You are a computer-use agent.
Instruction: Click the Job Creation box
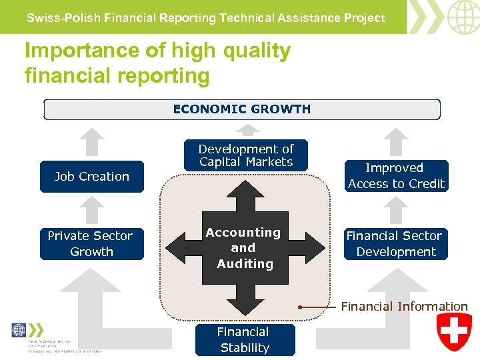(92, 177)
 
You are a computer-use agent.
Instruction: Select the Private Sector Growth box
(91, 244)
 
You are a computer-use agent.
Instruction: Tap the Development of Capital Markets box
(246, 156)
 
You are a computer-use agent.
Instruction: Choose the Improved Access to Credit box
(396, 176)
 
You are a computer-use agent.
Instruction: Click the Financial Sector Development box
(395, 244)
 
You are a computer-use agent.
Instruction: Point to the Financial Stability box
(245, 339)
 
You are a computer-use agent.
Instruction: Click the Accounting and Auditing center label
(244, 248)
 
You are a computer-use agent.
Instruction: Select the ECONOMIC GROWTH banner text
(241, 109)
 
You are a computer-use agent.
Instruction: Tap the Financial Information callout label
(404, 307)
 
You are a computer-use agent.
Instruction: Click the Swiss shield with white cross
(454, 331)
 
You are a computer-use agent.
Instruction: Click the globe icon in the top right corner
(463, 17)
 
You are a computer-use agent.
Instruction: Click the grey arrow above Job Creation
(91, 142)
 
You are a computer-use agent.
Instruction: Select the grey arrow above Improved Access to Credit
(397, 142)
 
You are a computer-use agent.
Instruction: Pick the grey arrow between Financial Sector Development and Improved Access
(397, 210)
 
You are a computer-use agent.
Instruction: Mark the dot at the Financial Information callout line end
(301, 307)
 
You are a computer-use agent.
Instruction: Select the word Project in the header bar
(365, 18)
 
